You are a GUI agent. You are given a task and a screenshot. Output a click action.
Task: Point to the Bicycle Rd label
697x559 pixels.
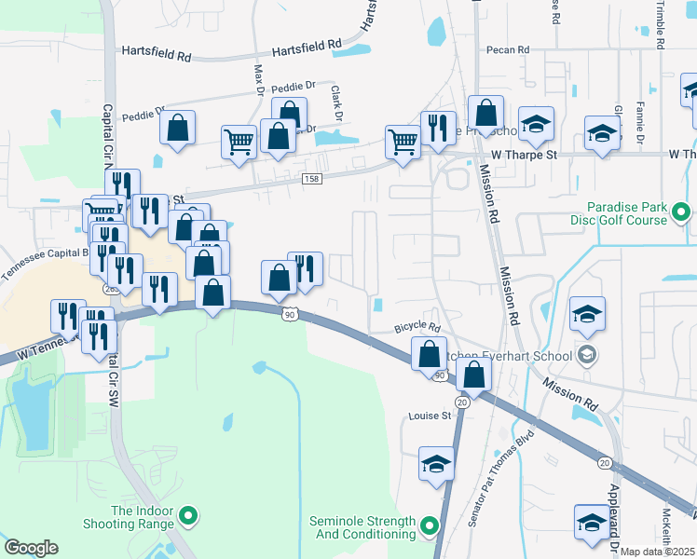[x=416, y=327]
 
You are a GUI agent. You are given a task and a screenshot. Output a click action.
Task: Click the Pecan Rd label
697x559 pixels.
[x=507, y=49]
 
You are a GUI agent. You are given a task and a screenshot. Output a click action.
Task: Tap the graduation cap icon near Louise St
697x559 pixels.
[x=435, y=462]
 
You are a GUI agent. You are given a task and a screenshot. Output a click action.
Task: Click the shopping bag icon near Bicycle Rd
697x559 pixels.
[x=429, y=353]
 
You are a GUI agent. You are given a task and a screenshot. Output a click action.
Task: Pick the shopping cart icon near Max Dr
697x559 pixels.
[x=239, y=142]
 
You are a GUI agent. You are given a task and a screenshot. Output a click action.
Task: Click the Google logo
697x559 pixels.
[x=31, y=548]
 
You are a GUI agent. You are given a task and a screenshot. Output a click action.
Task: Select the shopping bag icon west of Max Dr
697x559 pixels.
[x=177, y=128]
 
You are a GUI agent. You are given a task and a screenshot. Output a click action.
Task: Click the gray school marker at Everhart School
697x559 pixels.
[x=587, y=354]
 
